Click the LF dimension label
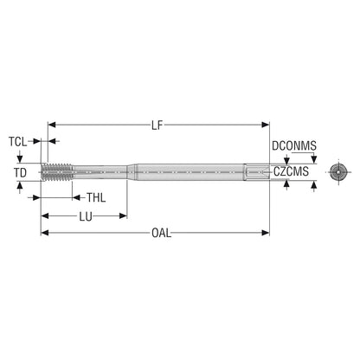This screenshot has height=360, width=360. pyautogui.click(x=157, y=125)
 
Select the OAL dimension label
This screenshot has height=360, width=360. pyautogui.click(x=161, y=233)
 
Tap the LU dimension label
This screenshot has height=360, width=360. pyautogui.click(x=86, y=216)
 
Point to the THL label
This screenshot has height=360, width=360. pyautogui.click(x=96, y=198)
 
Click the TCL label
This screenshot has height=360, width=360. pyautogui.click(x=17, y=142)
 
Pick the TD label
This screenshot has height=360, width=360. pyautogui.click(x=20, y=173)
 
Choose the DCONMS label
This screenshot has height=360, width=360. pyautogui.click(x=294, y=146)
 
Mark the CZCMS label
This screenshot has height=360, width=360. pyautogui.click(x=291, y=171)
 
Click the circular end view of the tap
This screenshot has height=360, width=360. pyautogui.click(x=338, y=172)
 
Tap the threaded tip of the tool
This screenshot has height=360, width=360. pyautogui.click(x=57, y=172)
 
